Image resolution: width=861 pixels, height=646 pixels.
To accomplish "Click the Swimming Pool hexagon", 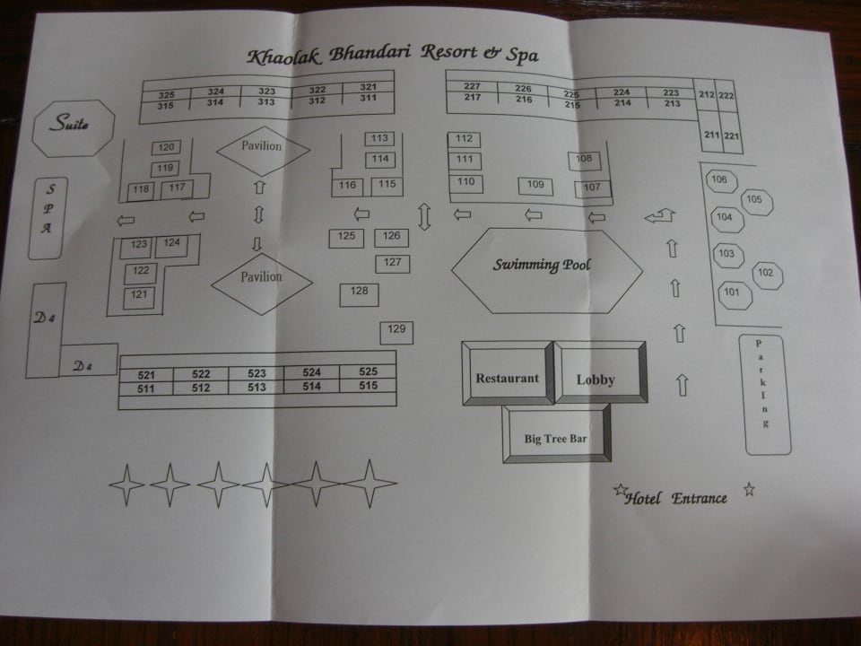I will coord(546,266).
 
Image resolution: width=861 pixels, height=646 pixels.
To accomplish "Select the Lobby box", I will coord(598,378).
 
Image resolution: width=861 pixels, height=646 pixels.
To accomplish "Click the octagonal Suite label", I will coord(74,127).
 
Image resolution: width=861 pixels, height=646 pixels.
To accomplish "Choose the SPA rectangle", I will coord(50,218).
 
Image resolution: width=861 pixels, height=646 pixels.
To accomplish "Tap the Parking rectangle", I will coord(766,395).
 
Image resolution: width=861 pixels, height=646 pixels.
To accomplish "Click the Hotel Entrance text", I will coord(676,497).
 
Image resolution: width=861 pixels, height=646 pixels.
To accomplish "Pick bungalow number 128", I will coord(359,292).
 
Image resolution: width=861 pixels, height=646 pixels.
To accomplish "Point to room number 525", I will coord(368,372).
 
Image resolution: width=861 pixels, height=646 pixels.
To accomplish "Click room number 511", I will coord(147,388).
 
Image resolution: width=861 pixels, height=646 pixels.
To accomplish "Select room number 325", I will coord(166,95).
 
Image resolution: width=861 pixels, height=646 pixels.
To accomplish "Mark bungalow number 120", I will coord(165,148).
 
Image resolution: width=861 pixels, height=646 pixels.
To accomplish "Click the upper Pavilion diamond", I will coord(261,148).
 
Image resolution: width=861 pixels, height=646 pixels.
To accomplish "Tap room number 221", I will coord(731,135).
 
